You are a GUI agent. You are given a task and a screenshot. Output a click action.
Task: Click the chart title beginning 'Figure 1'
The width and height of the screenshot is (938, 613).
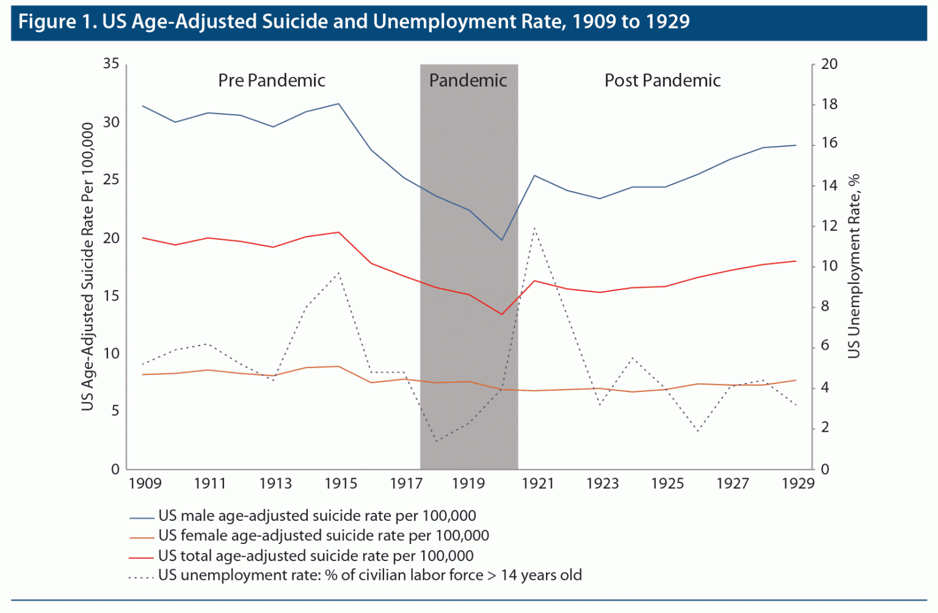354,22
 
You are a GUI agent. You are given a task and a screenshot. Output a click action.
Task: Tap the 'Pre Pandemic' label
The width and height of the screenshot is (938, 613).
272,81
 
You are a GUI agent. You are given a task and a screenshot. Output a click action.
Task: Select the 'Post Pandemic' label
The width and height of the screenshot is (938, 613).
663,81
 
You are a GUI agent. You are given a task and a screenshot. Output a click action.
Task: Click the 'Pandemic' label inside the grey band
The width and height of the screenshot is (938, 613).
468,81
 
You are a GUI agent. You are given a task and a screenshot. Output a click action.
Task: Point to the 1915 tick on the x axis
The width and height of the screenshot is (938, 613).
341,484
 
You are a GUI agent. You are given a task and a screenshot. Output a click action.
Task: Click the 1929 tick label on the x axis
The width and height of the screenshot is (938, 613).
798,484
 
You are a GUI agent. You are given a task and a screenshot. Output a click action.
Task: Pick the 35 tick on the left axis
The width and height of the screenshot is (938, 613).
111,63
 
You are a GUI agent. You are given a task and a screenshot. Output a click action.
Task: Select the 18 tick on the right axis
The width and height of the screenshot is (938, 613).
829,104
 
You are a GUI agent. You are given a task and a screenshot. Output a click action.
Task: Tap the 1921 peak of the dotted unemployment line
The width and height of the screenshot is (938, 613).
535,228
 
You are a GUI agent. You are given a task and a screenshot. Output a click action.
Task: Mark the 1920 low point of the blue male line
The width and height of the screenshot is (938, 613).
502,240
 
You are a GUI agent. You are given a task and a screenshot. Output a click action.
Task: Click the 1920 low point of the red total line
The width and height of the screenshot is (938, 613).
502,314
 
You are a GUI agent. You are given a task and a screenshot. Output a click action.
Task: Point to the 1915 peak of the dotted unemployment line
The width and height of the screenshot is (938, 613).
339,272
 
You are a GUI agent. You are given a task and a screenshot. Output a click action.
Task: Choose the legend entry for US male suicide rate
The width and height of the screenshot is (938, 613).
317,516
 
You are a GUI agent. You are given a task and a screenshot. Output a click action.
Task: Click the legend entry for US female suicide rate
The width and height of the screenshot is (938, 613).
324,536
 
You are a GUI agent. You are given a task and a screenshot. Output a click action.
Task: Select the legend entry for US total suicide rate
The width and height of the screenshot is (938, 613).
316,556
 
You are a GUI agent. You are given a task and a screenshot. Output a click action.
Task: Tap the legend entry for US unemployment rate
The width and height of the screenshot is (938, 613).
369,575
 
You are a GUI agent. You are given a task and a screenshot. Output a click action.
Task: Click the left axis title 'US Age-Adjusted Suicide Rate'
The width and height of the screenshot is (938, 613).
88,266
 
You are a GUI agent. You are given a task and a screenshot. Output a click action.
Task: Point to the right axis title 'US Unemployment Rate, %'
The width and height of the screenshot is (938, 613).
854,266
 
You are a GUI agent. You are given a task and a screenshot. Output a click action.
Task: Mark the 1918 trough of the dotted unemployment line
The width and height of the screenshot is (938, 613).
437,441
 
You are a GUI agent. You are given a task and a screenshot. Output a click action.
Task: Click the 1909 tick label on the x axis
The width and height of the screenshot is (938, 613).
145,484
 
